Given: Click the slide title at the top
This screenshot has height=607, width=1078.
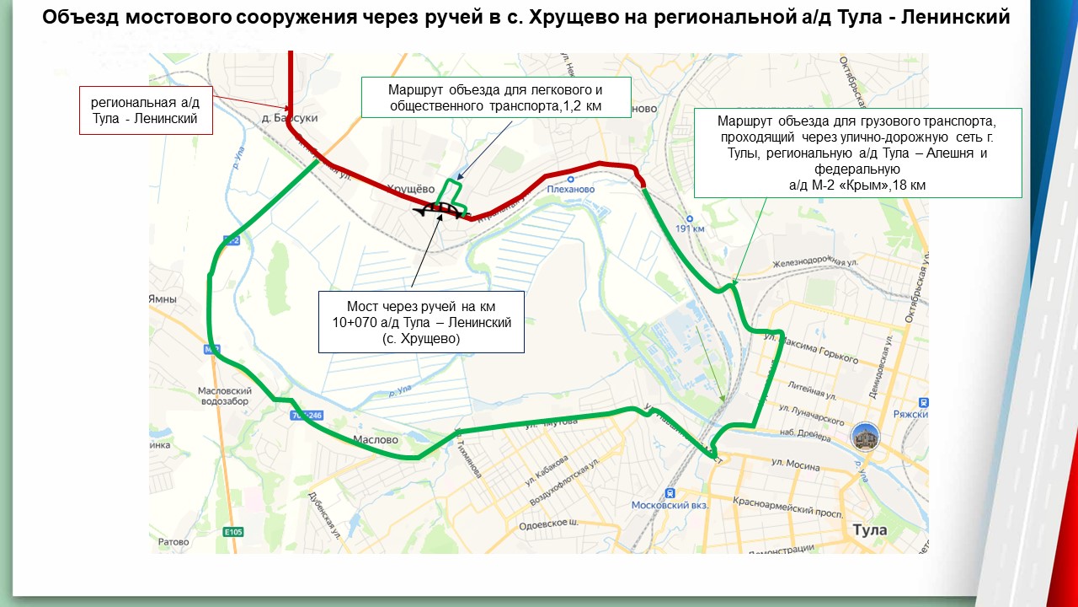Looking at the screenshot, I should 526,19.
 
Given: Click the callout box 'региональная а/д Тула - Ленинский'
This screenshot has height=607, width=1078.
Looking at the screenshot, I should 145,110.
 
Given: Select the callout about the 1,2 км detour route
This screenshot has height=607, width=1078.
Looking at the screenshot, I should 496,97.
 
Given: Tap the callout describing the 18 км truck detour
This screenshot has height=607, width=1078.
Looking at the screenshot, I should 857,153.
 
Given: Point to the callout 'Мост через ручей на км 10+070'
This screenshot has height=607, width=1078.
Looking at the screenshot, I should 421,322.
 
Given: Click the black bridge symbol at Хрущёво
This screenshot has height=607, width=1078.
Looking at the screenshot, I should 442,209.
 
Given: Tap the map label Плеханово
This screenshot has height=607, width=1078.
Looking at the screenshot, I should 570,189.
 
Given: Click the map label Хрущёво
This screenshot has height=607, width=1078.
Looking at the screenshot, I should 411,188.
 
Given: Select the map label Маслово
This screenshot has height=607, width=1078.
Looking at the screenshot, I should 375,439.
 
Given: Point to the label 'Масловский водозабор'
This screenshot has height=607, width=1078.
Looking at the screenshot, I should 225,396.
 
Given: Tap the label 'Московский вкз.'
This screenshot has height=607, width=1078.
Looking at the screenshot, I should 670,504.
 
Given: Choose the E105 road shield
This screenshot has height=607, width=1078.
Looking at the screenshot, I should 233,532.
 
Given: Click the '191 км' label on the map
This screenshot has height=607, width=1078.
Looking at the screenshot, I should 690,228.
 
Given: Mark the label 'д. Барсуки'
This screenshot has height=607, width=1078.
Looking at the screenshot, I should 290,119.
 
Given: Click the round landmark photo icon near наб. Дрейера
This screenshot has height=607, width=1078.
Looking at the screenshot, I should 866,436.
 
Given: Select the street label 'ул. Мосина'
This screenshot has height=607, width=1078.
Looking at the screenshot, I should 795,465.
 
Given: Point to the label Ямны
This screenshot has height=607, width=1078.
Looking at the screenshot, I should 162,299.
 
